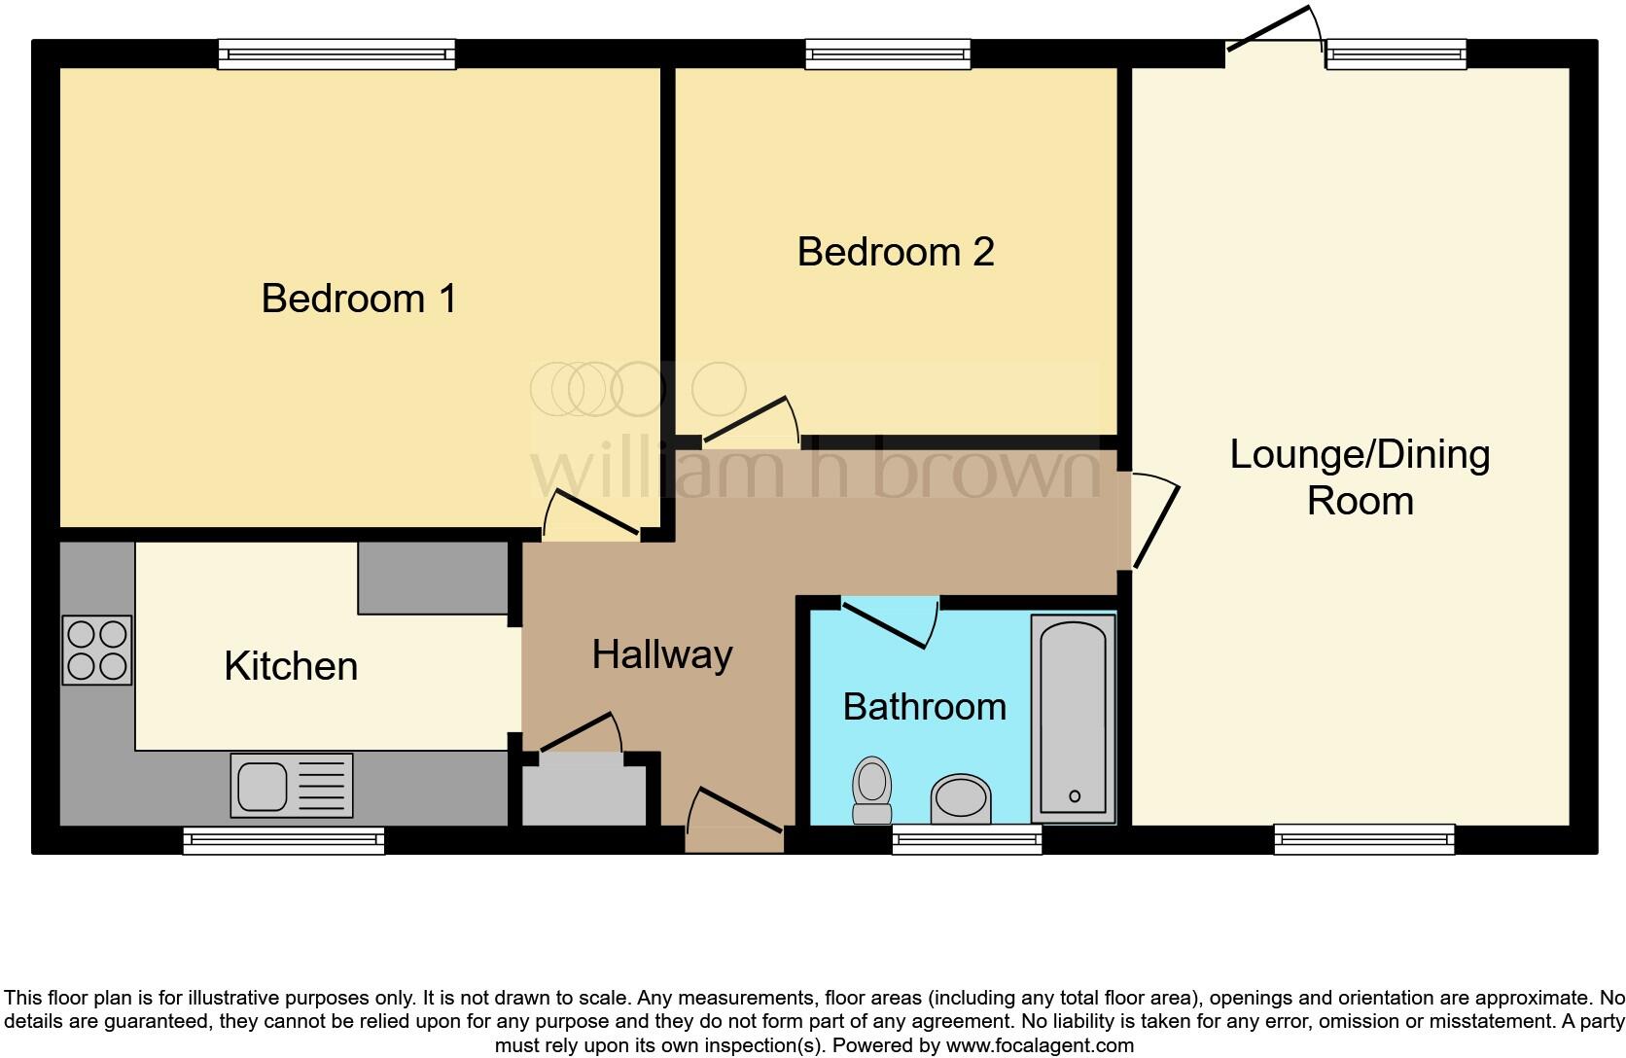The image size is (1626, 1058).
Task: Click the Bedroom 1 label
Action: pos(359,299)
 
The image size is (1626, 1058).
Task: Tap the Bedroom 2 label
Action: pos(896,252)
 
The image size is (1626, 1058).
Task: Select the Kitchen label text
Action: pos(291,666)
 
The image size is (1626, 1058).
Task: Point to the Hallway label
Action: pos(662,655)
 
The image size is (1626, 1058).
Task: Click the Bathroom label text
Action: pos(925,707)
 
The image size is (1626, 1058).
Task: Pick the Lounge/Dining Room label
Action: pos(1361,477)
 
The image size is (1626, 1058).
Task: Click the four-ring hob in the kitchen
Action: pos(97,651)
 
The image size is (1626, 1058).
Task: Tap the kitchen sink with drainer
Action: pos(292,785)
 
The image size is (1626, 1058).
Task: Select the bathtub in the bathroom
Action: pos(1073,719)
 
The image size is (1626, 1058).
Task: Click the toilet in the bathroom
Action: pos(871,791)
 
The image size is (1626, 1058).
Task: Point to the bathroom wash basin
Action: pos(961,799)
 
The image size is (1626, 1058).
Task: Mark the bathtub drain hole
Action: pos(1075,796)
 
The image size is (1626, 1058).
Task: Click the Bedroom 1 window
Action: pos(336,54)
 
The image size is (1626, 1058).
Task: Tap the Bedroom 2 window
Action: pos(888,54)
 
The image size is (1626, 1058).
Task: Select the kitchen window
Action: pos(284,840)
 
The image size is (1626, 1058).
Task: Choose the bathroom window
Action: pos(967,839)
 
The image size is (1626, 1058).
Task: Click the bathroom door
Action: pos(890,622)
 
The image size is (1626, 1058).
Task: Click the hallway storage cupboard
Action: pos(584,789)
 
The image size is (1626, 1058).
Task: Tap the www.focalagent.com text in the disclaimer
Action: pos(1040,1045)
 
